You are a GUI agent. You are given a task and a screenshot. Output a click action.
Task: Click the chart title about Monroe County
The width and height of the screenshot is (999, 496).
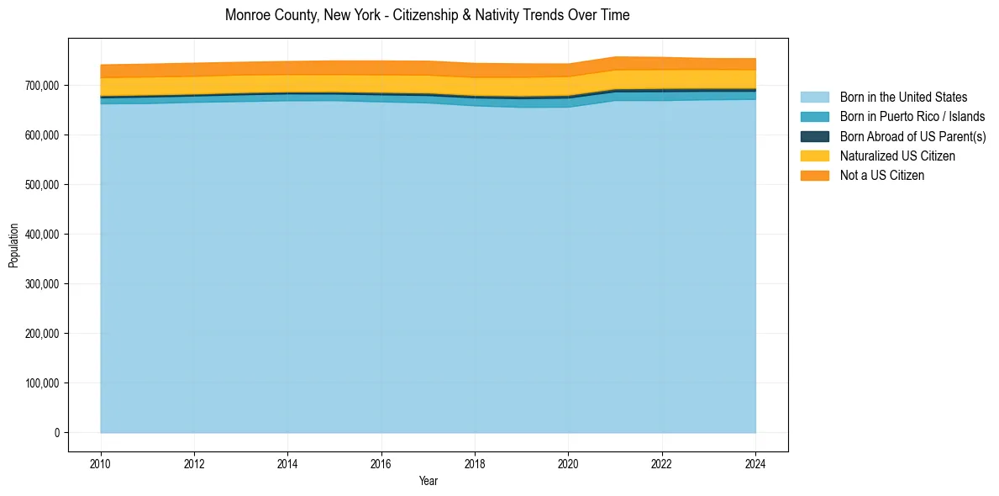click(x=428, y=15)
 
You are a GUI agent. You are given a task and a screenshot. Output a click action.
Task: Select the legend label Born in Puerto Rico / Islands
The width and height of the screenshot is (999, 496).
click(x=912, y=117)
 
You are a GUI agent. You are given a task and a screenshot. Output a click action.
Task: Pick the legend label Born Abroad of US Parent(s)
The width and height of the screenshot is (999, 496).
click(x=912, y=136)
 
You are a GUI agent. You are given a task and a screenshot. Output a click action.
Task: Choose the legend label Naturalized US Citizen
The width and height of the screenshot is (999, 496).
click(x=897, y=156)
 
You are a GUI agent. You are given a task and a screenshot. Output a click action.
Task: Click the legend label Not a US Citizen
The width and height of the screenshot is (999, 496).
click(x=882, y=175)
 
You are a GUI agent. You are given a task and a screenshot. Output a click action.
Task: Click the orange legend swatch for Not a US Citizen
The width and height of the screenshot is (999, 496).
click(x=814, y=175)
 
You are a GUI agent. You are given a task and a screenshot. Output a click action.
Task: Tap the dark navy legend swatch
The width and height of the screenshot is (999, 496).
click(x=814, y=136)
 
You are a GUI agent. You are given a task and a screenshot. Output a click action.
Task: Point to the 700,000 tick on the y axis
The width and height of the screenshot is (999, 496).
click(x=42, y=86)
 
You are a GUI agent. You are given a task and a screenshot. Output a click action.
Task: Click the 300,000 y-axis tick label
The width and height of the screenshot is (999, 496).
click(x=42, y=284)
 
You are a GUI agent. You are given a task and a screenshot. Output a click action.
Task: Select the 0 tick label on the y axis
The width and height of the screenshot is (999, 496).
click(x=57, y=433)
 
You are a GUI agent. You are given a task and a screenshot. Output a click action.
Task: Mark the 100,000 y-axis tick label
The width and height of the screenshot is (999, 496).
click(x=42, y=383)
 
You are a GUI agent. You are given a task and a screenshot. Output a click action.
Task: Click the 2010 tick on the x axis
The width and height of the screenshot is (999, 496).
click(x=101, y=463)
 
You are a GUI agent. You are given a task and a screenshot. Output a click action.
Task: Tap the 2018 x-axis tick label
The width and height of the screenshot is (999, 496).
click(x=475, y=463)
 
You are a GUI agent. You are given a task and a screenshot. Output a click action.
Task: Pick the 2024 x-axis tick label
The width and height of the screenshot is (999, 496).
click(x=755, y=463)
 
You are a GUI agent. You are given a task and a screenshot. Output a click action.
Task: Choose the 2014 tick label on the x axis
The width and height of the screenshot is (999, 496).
click(x=287, y=463)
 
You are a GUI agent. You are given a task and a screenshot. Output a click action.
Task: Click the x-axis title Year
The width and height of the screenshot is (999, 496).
click(x=428, y=481)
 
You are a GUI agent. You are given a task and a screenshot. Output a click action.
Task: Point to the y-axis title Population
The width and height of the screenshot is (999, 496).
click(x=13, y=245)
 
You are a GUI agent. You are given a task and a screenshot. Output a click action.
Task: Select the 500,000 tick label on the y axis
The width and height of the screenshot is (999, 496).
click(x=42, y=185)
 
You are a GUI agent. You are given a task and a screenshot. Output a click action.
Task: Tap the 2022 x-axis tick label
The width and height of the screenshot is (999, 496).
click(x=662, y=463)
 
